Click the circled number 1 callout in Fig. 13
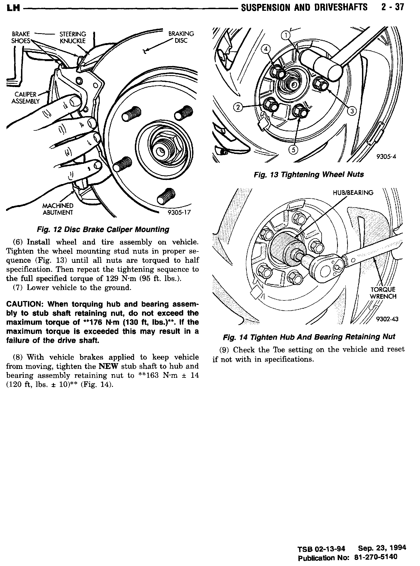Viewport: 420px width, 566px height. coord(286,35)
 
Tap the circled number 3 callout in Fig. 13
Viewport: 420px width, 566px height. coord(352,111)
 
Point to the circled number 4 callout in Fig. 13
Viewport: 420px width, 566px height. coord(266,49)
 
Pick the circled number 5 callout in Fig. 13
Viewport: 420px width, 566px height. coord(293,150)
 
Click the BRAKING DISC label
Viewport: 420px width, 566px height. coord(181,37)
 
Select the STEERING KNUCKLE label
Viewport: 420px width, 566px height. coord(73,37)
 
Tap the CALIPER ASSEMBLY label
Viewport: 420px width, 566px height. coord(25,98)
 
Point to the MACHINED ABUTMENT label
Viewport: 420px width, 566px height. coord(58,209)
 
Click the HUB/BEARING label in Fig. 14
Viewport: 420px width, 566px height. coord(353,193)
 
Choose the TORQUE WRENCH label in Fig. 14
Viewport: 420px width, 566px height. coord(383,293)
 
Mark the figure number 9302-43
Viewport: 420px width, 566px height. coord(387,319)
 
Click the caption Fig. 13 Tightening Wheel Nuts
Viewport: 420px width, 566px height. coord(309,174)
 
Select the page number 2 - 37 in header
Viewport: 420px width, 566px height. coord(392,7)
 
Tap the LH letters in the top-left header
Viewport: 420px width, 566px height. coord(13,8)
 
